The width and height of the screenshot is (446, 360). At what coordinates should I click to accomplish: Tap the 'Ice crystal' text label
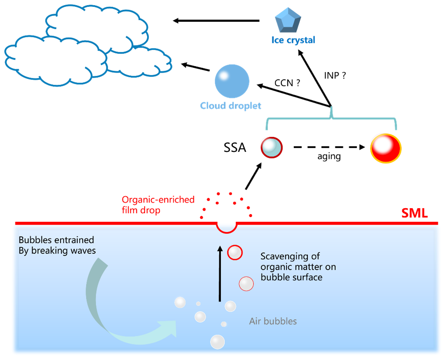tap(293, 40)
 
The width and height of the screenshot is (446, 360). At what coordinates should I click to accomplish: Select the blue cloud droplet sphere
tap(232, 82)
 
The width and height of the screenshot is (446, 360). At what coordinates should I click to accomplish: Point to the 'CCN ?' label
tap(287, 83)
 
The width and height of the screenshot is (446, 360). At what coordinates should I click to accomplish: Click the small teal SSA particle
tap(272, 148)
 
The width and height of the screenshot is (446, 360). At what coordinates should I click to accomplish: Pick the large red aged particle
tap(386, 148)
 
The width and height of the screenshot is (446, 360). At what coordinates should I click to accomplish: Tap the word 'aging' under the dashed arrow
tap(328, 157)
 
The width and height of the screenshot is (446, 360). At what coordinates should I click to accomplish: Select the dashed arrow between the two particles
tap(328, 148)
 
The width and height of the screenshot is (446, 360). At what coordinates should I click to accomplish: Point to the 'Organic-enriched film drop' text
tap(158, 205)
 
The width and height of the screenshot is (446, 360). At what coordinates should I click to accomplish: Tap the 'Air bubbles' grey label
tap(273, 321)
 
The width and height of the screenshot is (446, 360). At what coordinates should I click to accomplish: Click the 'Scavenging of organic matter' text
tap(298, 267)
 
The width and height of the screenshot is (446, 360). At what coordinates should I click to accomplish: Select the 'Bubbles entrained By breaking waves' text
tap(56, 245)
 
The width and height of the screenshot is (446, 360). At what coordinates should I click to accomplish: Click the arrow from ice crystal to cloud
tap(217, 20)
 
